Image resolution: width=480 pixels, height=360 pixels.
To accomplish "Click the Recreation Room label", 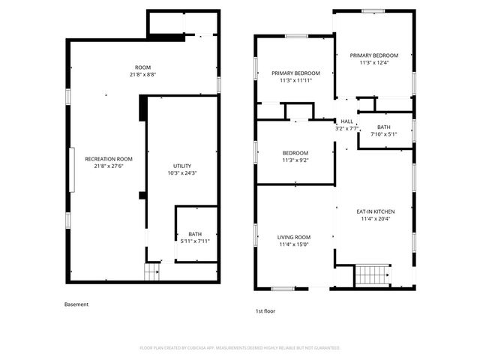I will (x=109, y=159).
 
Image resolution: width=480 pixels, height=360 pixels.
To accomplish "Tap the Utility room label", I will (x=182, y=166).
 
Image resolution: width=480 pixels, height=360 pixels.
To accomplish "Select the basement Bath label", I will (x=195, y=234).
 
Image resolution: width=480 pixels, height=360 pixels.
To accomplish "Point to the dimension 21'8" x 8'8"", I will (x=142, y=75).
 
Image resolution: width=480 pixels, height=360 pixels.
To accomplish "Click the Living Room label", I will (x=294, y=237).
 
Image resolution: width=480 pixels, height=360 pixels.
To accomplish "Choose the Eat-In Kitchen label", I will (x=375, y=211).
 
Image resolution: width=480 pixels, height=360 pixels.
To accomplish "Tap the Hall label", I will (x=346, y=121).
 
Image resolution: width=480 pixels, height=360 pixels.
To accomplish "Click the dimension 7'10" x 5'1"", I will (x=384, y=134).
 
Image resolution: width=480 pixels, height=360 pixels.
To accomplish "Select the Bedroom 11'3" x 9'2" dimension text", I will (x=295, y=160).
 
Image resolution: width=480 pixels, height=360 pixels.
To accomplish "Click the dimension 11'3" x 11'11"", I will (x=295, y=80).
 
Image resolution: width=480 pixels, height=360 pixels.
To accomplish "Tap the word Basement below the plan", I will (x=76, y=304).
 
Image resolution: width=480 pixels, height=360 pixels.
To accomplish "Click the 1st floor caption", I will (x=265, y=310).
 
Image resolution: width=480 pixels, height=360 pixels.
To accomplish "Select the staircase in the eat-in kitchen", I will (x=372, y=275).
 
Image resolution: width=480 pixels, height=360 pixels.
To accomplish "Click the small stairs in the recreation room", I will (x=152, y=272).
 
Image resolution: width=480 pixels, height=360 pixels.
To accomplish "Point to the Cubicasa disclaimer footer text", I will (x=240, y=348).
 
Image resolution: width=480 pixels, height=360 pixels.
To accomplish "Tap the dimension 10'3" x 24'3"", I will (x=182, y=173).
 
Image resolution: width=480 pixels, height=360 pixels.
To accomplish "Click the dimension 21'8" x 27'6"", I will (x=109, y=166).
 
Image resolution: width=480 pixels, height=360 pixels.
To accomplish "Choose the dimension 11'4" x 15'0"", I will (x=294, y=244).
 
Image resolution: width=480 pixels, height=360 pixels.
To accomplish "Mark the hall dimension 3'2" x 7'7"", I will (x=346, y=128).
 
